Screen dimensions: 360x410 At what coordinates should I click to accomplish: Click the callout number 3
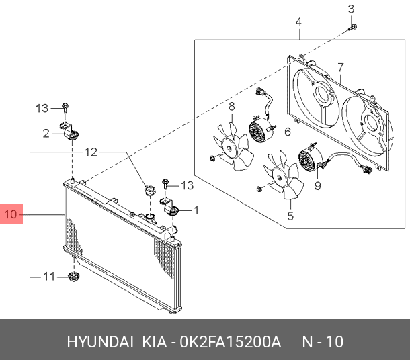pyautogui.click(x=350, y=9)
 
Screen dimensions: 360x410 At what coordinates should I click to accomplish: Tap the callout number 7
pyautogui.click(x=341, y=68)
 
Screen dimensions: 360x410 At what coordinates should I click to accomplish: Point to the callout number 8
pyautogui.click(x=231, y=106)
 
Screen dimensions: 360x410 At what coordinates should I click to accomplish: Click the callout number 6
pyautogui.click(x=287, y=132)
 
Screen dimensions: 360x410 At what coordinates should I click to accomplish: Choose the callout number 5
pyautogui.click(x=290, y=216)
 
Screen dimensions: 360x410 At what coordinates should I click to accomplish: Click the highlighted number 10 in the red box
pyautogui.click(x=11, y=215)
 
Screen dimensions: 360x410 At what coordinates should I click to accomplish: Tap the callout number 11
pyautogui.click(x=48, y=276)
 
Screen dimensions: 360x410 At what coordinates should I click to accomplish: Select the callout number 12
pyautogui.click(x=90, y=152)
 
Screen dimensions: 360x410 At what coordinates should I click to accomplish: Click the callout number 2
pyautogui.click(x=46, y=134)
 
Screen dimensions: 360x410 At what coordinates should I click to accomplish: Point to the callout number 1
pyautogui.click(x=196, y=210)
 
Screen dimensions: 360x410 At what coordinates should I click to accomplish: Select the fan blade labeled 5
pyautogui.click(x=283, y=177)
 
